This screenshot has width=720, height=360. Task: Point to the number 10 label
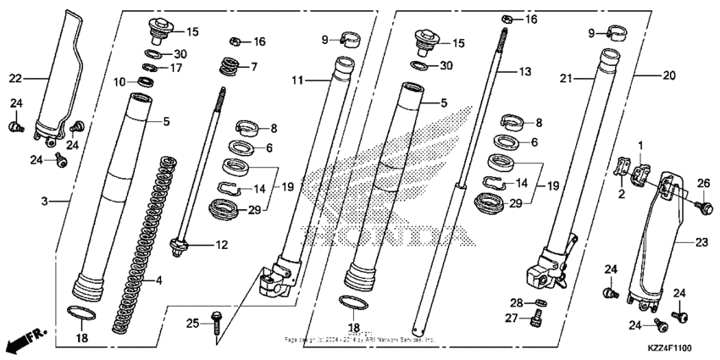(x=121, y=81)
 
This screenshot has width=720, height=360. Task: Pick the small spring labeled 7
(x=228, y=64)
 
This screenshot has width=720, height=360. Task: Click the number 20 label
(x=668, y=75)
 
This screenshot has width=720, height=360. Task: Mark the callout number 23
(x=701, y=241)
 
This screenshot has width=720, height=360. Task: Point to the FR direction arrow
(x=22, y=342)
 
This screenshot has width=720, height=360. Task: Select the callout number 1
(x=640, y=146)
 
